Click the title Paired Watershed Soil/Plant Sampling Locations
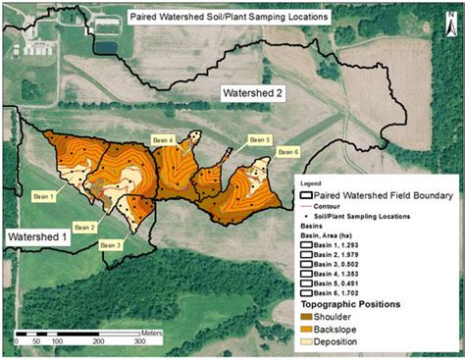pos(232,17)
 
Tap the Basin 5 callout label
pos(258,139)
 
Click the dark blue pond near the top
pos(105,45)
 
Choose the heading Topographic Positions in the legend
pos(349,303)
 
